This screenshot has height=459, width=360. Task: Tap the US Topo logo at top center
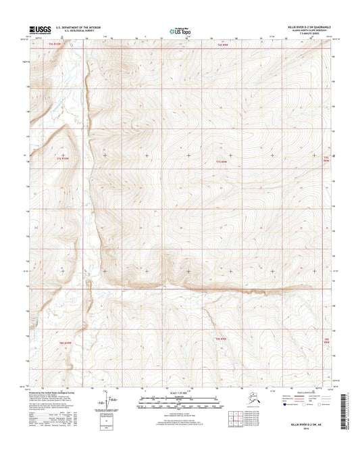[178, 30]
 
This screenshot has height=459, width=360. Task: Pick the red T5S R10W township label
[55, 45]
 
